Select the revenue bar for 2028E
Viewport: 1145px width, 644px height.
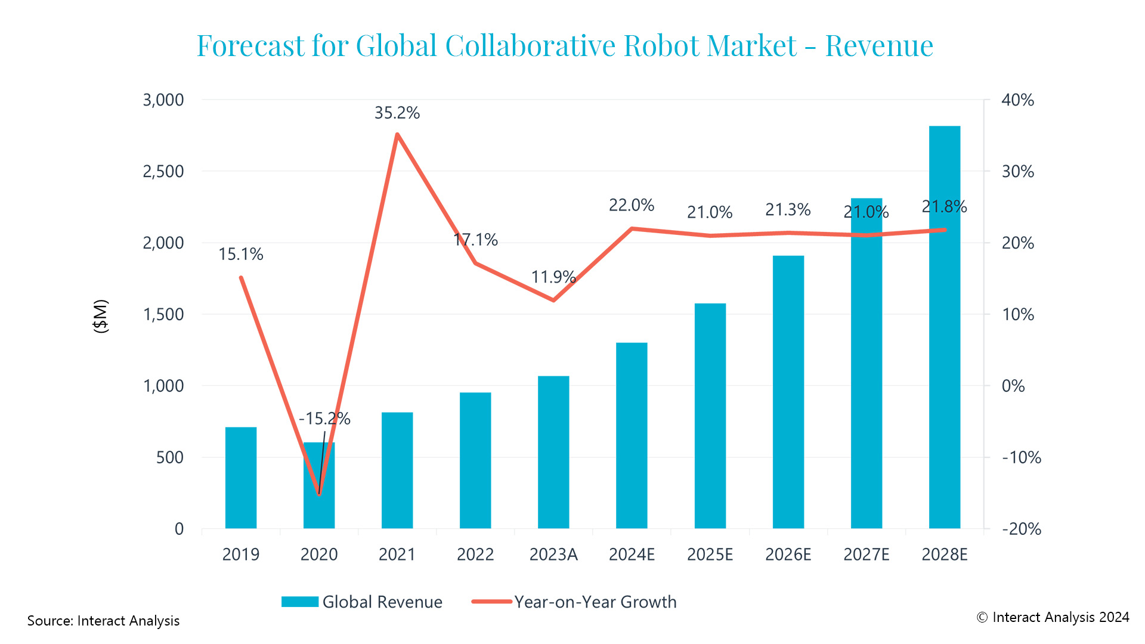coord(944,328)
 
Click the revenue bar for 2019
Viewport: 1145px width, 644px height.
coord(241,477)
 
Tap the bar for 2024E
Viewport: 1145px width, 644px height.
coord(632,435)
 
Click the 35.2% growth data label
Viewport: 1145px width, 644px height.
coord(397,113)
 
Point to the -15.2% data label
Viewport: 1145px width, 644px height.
coord(324,419)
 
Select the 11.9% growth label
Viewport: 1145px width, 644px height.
coord(553,277)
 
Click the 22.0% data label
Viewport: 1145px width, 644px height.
coord(632,205)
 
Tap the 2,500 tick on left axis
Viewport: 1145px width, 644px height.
coord(163,172)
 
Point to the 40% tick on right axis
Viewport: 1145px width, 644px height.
coord(1017,100)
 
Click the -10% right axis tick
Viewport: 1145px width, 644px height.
coord(1021,457)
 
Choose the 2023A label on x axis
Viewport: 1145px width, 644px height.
coord(553,555)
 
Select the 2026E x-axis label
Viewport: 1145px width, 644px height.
coord(788,555)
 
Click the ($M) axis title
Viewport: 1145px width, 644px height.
coord(101,316)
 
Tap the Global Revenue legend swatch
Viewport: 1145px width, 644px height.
coord(299,602)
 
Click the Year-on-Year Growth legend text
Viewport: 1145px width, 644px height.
coord(595,602)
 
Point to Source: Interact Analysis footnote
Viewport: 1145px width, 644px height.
coord(103,621)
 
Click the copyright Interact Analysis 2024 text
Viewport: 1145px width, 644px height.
coord(1053,617)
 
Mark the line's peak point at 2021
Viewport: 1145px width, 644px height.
coord(397,134)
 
